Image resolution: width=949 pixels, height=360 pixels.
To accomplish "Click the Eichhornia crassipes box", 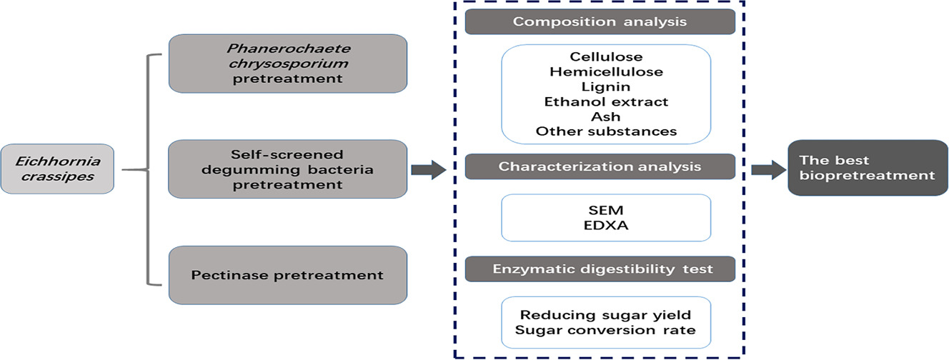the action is click(x=57, y=169).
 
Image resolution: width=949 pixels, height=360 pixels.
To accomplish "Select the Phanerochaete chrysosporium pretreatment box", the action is click(x=288, y=64).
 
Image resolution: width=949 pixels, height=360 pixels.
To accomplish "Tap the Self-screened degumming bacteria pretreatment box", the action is click(x=288, y=169).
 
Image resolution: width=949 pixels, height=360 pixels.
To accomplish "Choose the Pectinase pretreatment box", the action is click(x=288, y=275).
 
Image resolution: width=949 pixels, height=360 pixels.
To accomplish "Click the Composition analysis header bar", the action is click(x=600, y=21).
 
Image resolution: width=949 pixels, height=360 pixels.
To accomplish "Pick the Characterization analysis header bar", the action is click(x=600, y=166).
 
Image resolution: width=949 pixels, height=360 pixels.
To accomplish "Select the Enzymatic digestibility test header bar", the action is click(x=600, y=269).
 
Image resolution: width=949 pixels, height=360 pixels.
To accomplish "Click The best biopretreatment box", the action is click(x=868, y=168).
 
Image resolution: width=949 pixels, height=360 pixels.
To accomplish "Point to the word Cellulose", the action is click(x=606, y=56).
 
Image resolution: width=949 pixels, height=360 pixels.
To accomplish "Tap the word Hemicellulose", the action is click(x=606, y=71).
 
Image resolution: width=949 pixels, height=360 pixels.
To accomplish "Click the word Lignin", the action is click(x=606, y=87).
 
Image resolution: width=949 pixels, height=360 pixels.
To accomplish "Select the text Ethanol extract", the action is click(x=606, y=101).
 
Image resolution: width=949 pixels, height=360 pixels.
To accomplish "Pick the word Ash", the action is click(x=606, y=116).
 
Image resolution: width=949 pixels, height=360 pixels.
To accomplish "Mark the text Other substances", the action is click(x=606, y=131).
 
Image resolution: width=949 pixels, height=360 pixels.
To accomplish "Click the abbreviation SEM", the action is click(x=606, y=210).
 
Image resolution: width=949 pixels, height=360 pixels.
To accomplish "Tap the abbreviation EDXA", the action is click(x=606, y=225).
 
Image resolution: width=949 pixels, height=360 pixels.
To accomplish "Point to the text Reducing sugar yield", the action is click(x=606, y=315).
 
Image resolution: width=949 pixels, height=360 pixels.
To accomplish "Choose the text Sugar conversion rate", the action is click(x=605, y=330).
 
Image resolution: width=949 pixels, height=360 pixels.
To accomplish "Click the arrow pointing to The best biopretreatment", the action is click(x=768, y=170).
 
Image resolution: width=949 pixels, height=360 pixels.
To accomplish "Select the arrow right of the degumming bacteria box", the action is click(x=429, y=170).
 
